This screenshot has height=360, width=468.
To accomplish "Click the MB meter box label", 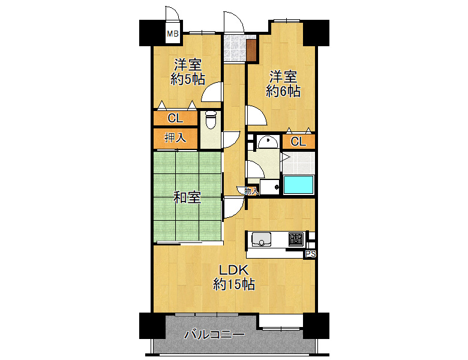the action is (x=173, y=34).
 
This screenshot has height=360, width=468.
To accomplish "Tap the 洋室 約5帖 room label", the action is (x=188, y=72).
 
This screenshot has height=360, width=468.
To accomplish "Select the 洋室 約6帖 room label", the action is (x=283, y=84).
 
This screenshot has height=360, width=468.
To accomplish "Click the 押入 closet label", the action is (x=175, y=138).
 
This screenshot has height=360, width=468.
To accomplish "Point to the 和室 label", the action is (x=187, y=197).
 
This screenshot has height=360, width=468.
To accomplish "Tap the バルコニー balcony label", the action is (x=214, y=334).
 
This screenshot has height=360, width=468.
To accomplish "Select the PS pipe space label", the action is (x=310, y=254).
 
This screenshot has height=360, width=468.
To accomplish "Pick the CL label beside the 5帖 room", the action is (x=175, y=118).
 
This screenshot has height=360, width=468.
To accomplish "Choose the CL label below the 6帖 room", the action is (x=298, y=142).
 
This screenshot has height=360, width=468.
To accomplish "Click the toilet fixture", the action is (x=211, y=119).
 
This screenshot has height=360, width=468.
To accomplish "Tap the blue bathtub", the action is (x=298, y=185).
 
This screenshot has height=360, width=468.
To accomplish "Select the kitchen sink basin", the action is (x=262, y=239).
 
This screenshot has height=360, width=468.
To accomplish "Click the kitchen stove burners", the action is (x=296, y=239).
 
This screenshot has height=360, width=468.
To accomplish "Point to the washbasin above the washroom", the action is (x=268, y=142).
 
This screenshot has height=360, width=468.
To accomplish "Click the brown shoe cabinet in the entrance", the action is (x=251, y=50).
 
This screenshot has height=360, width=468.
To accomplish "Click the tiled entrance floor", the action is (x=235, y=49).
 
